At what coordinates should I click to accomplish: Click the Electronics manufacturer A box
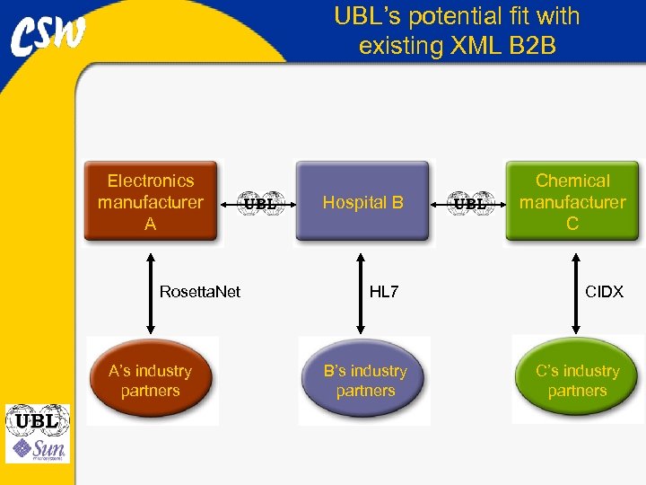151,202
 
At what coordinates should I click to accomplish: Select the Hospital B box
362,202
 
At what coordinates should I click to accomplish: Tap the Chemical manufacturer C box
572,202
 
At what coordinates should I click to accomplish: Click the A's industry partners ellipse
151,381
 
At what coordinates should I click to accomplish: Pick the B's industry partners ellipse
364,381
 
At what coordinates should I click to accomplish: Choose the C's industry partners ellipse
577,381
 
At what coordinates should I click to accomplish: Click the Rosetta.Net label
199,292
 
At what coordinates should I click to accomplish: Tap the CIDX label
604,292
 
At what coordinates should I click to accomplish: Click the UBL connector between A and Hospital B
258,203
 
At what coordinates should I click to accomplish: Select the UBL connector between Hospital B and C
469,203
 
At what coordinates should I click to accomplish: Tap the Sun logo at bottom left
38,448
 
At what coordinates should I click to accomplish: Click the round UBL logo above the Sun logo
38,419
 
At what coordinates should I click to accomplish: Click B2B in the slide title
530,45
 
